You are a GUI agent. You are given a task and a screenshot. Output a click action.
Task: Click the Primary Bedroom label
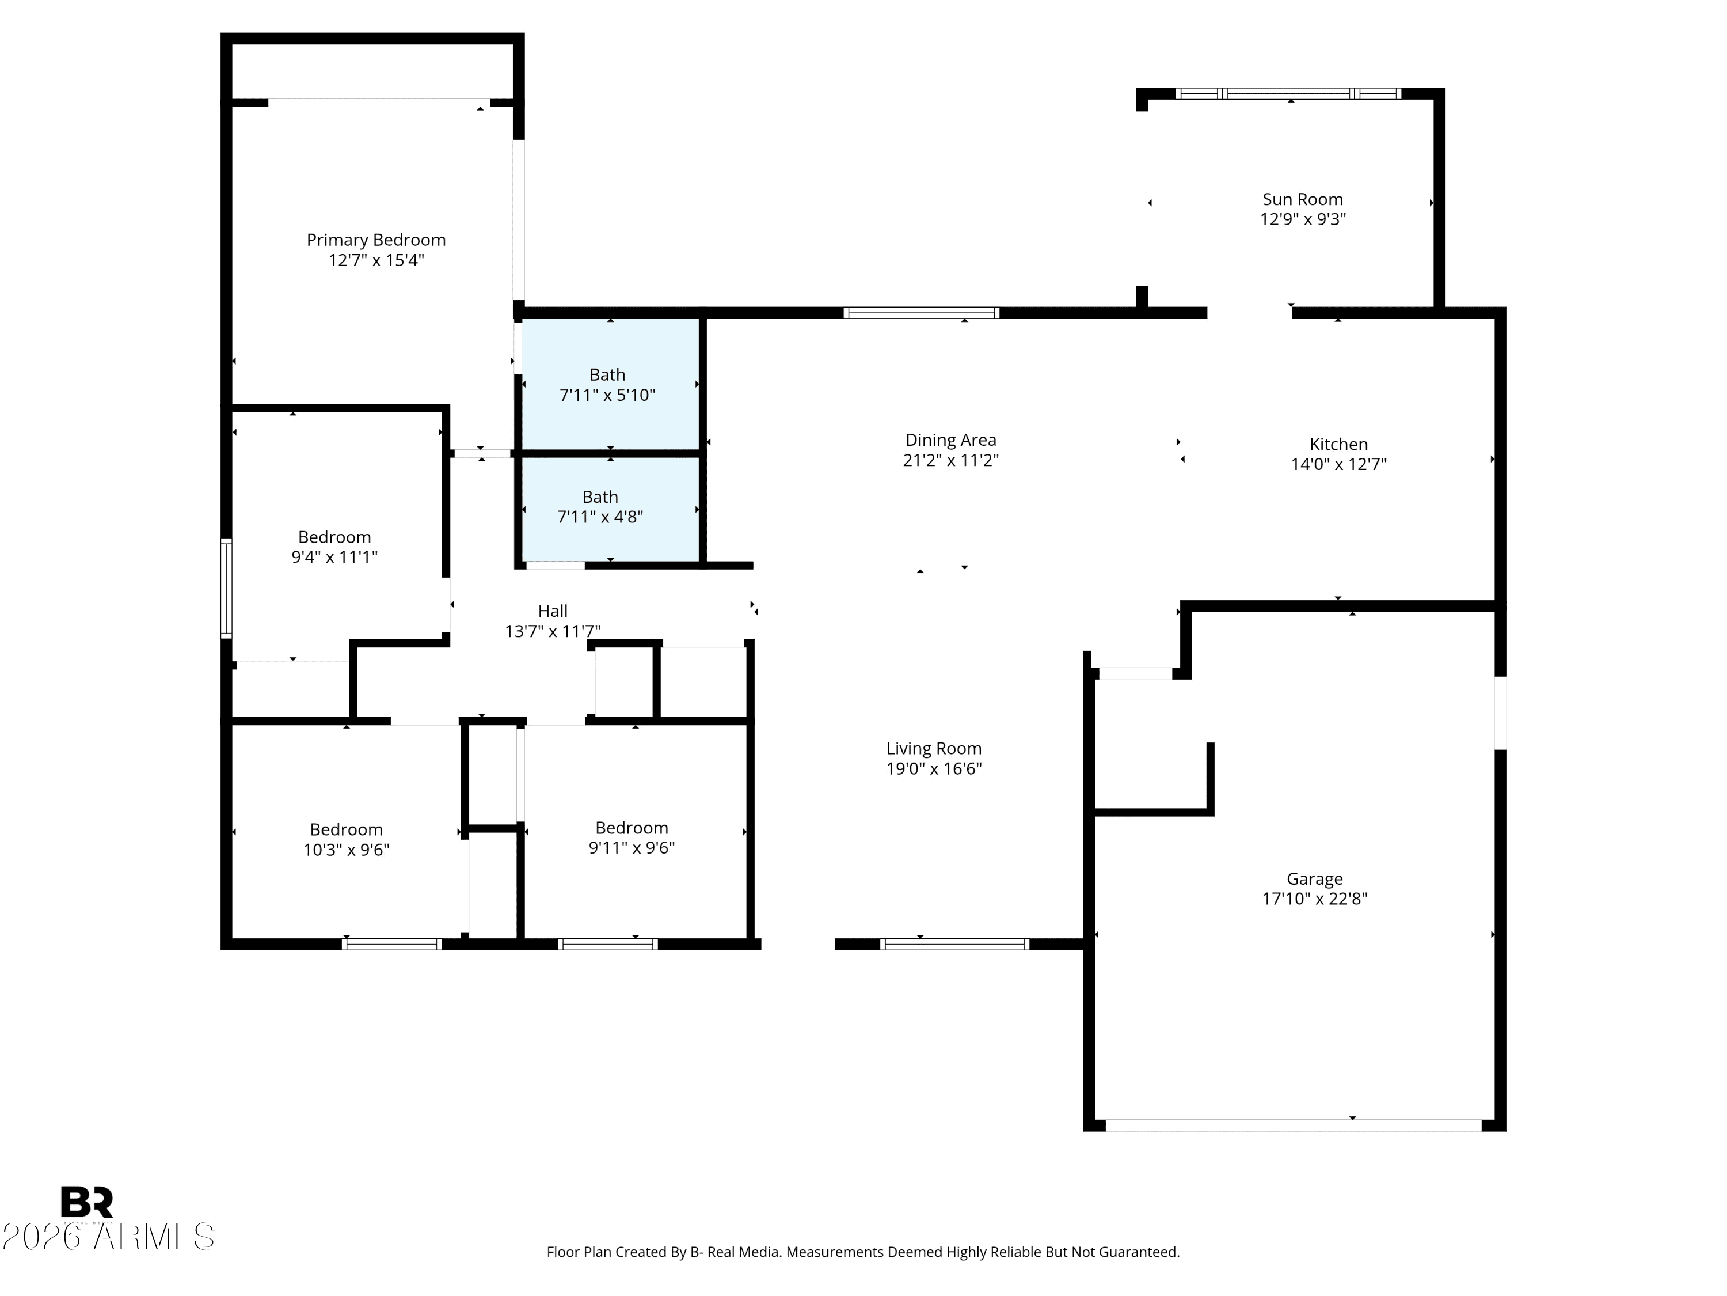click(x=375, y=240)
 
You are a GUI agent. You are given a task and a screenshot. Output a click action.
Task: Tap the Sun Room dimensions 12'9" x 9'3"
click(x=1302, y=219)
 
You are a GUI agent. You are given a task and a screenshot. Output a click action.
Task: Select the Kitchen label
click(x=1338, y=444)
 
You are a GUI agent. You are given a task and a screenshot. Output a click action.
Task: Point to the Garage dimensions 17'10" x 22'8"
click(x=1314, y=899)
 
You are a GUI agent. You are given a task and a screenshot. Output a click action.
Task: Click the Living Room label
click(x=933, y=748)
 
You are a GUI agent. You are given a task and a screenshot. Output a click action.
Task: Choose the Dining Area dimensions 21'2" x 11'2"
click(x=950, y=460)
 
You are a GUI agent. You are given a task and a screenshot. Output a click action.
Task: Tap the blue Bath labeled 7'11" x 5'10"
click(x=607, y=384)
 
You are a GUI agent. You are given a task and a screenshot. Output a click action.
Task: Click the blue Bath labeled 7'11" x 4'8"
click(x=600, y=507)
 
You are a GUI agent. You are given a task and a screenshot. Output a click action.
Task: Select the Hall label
click(x=552, y=611)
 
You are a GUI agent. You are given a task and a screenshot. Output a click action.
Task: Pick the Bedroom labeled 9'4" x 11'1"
click(x=334, y=546)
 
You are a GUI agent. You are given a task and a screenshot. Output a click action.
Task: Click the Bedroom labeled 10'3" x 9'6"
click(x=346, y=839)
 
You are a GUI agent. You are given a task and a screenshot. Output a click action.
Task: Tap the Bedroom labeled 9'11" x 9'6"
click(x=631, y=838)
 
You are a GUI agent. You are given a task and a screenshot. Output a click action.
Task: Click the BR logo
click(x=87, y=1202)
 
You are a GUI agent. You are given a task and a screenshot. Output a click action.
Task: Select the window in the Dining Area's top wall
click(x=921, y=312)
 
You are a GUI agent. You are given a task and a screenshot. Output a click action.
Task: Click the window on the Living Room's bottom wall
click(x=954, y=943)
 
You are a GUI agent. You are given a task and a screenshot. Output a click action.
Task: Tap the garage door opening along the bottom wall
click(x=1293, y=1125)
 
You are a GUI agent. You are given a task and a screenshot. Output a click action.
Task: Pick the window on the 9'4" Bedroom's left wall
click(x=226, y=588)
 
